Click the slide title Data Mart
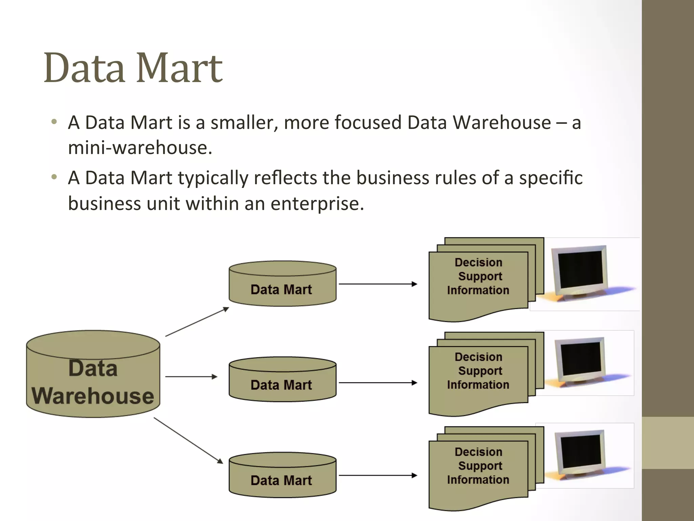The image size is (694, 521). [133, 68]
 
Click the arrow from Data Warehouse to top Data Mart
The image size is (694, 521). [197, 322]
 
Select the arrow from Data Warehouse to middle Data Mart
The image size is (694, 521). [191, 377]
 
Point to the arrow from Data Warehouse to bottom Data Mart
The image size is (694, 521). [188, 440]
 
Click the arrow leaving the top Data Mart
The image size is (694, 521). [378, 284]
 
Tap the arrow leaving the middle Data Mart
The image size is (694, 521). [378, 383]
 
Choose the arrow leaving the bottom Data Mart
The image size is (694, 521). [378, 476]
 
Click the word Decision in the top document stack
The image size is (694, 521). [478, 263]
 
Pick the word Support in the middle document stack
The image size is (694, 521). [480, 371]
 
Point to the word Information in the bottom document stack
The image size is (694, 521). [478, 480]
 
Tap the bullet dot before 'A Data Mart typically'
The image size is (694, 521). [54, 177]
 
